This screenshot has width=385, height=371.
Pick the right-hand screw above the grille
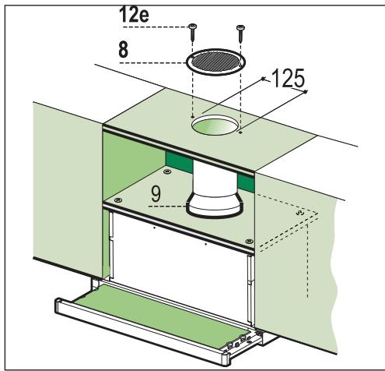click(240, 30)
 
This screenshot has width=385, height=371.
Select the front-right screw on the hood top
click(248, 240)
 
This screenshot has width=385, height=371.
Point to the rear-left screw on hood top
click(166, 167)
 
